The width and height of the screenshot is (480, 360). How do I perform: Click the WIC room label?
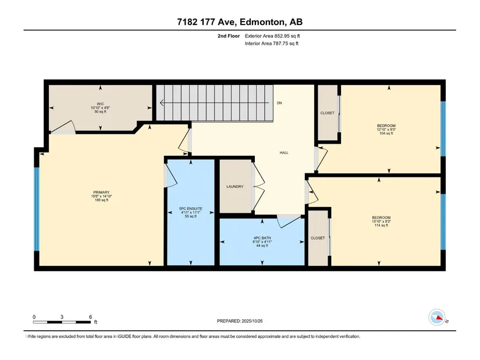click(100, 104)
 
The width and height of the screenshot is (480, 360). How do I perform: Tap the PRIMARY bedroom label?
click(101, 193)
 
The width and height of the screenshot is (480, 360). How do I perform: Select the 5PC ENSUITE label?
click(191, 208)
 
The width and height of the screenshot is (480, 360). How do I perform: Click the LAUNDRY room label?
click(235, 187)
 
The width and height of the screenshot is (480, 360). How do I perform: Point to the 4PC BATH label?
click(262, 238)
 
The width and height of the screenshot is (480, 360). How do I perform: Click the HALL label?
click(284, 152)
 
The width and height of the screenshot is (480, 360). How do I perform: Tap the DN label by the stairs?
click(279, 103)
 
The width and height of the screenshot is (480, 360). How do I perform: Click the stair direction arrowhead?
click(162, 103)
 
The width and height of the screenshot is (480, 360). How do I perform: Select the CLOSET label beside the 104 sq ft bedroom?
click(327, 113)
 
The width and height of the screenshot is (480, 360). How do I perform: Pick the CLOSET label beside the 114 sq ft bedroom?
click(318, 238)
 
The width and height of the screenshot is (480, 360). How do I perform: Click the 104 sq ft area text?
click(386, 133)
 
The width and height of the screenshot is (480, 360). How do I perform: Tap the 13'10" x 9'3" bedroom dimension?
click(381, 222)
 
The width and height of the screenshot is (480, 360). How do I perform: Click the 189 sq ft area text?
click(101, 200)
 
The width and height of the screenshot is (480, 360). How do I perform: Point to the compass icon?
click(437, 318)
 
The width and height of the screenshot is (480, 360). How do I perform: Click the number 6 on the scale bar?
click(90, 317)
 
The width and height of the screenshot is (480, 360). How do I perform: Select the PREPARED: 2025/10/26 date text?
click(240, 321)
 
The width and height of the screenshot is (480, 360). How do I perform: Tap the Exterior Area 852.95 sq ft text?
click(272, 36)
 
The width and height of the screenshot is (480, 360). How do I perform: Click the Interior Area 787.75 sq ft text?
click(272, 44)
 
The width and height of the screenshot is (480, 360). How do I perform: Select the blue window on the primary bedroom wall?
click(37, 209)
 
